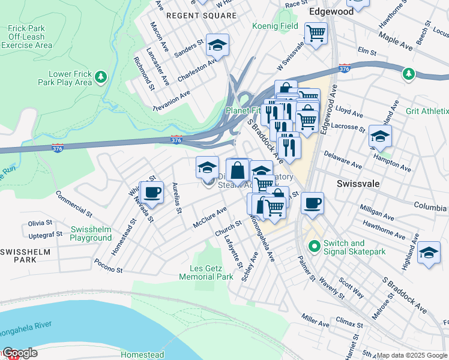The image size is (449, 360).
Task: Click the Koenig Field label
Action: [275, 26]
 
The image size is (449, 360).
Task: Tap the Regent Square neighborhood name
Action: [200, 14]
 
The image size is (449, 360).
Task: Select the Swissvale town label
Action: [358, 184]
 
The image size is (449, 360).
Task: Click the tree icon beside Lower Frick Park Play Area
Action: [101, 77]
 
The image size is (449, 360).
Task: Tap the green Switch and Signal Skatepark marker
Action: [313, 246]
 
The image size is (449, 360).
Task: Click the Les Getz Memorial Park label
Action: [206, 272]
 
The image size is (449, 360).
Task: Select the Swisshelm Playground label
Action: [91, 233]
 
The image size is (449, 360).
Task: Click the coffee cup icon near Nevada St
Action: [151, 192]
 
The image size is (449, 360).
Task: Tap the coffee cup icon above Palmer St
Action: [312, 203]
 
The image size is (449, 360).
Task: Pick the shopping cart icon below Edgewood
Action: [315, 34]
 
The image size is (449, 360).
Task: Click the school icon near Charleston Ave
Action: [218, 45]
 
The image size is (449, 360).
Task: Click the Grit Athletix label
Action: [427, 111]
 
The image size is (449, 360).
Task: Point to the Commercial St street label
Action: [73, 202]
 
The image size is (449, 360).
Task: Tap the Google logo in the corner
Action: [19, 353]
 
